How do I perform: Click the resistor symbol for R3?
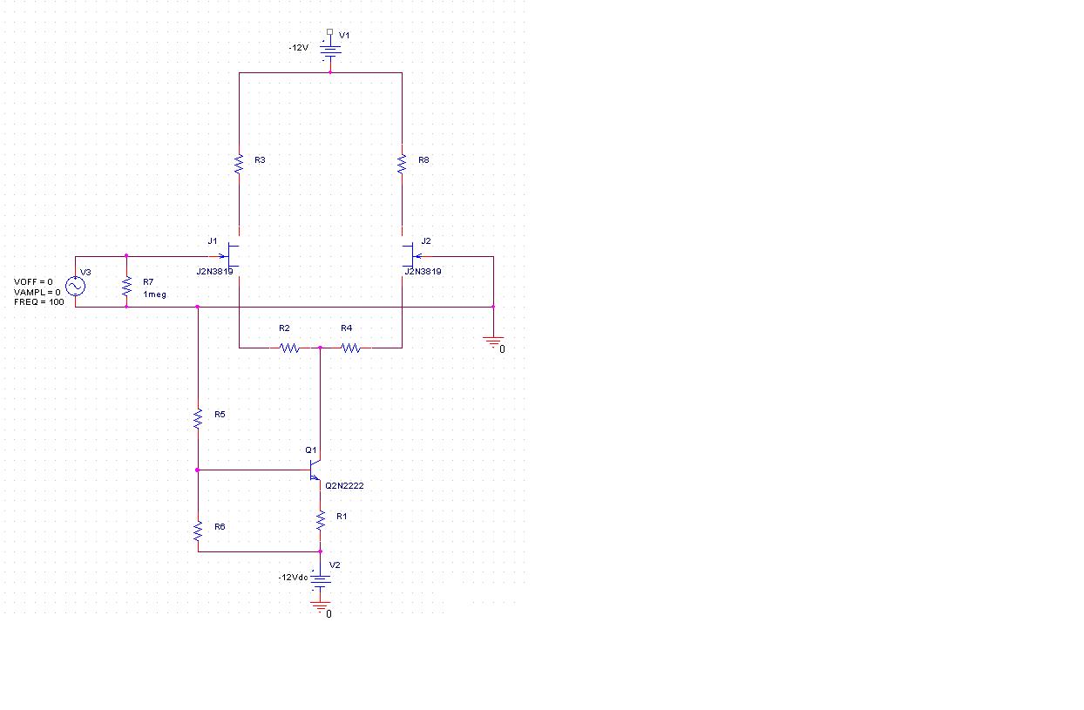pyautogui.click(x=239, y=164)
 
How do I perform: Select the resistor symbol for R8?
pyautogui.click(x=402, y=164)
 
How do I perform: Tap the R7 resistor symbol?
pyautogui.click(x=127, y=286)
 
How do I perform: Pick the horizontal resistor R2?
pyautogui.click(x=289, y=348)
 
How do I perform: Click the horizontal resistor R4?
pyautogui.click(x=351, y=348)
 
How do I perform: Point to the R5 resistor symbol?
pyautogui.click(x=198, y=418)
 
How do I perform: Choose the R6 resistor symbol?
pyautogui.click(x=198, y=531)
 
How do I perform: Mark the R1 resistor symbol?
pyautogui.click(x=321, y=520)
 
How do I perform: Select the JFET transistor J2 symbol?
pyautogui.click(x=411, y=256)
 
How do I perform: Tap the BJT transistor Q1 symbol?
pyautogui.click(x=315, y=470)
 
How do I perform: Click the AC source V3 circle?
pyautogui.click(x=76, y=286)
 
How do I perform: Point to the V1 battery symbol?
pyautogui.click(x=330, y=51)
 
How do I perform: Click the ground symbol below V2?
pyautogui.click(x=321, y=606)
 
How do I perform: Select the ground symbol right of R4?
pyautogui.click(x=493, y=342)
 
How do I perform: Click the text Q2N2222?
pyautogui.click(x=344, y=485)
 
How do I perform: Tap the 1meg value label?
pyautogui.click(x=155, y=294)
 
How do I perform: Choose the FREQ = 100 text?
pyautogui.click(x=38, y=302)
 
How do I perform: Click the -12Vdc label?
pyautogui.click(x=294, y=578)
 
